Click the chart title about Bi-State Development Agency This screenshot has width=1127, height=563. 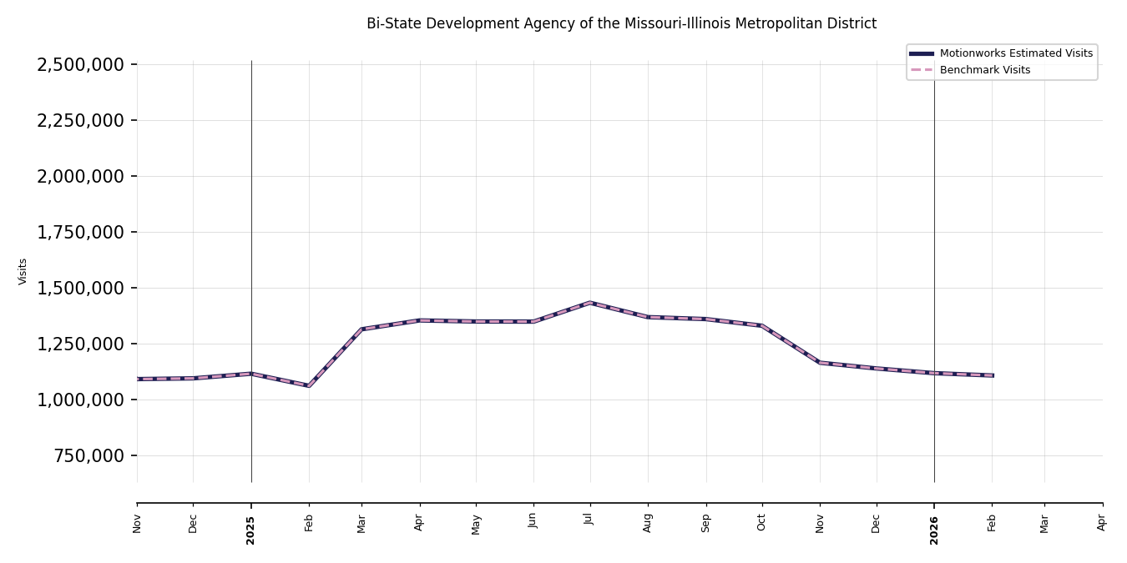(x=621, y=24)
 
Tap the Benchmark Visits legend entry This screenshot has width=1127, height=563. (x=984, y=70)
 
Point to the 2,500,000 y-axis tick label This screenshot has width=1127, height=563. (x=81, y=65)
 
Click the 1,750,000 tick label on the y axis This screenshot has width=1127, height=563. (x=81, y=233)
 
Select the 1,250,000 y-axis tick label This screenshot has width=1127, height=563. (x=81, y=344)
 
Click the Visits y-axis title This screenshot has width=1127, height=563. (x=23, y=271)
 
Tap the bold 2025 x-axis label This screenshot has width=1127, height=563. (x=250, y=530)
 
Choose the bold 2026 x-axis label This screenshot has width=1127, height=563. (x=934, y=530)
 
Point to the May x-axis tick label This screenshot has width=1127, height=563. (x=476, y=524)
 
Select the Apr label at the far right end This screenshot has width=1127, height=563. (x=1102, y=522)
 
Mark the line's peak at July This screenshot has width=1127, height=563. (x=590, y=303)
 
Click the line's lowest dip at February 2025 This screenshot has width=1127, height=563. (x=309, y=386)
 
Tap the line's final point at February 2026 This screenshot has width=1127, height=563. (x=992, y=375)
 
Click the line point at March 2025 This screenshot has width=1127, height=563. (x=361, y=329)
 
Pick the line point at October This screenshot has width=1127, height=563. (x=761, y=325)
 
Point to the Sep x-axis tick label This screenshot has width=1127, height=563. (x=705, y=522)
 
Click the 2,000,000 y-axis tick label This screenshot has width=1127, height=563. (x=81, y=177)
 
